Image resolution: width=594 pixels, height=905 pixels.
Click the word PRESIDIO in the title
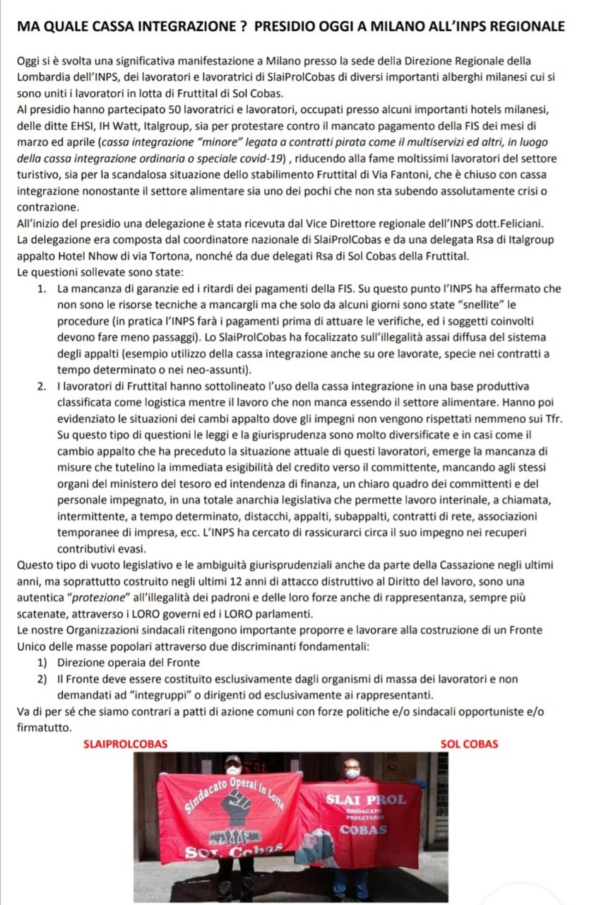[x=286, y=26]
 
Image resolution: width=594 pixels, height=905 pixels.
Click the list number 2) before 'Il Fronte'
[x=42, y=679]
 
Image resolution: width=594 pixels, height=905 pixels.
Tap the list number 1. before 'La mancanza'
[x=42, y=288]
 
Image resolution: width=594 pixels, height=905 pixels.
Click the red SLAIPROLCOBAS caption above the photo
[x=125, y=744]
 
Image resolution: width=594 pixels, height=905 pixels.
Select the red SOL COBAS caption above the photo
[x=468, y=744]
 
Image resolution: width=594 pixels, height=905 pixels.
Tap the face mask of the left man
[x=233, y=771]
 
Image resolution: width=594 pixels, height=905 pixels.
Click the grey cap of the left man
[x=232, y=759]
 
